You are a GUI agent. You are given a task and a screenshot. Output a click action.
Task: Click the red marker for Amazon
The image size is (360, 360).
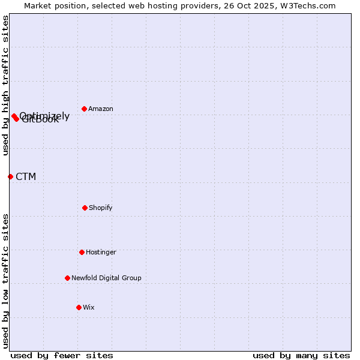coord(84,109)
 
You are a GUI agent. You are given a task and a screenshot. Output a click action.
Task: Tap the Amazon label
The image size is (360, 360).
coord(101,109)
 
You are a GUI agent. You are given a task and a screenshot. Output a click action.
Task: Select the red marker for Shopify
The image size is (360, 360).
coord(85,208)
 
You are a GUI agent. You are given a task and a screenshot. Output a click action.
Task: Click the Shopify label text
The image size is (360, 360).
coord(101,208)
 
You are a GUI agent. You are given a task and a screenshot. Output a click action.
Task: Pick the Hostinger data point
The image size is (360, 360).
coord(82,252)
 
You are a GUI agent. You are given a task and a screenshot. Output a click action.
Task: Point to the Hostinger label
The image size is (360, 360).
coord(101,253)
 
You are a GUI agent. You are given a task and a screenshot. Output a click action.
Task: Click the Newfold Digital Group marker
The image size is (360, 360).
coord(67,278)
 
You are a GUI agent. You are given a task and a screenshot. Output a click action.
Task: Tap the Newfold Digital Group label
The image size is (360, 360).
coord(106,278)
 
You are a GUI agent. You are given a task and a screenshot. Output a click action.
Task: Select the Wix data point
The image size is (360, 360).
coord(79,307)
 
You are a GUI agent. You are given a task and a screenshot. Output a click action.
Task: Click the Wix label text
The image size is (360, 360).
coord(89,308)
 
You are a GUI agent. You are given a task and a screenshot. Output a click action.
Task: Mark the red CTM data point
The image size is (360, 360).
coord(10,176)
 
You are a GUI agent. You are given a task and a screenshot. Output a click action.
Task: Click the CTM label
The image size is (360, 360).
coord(26,177)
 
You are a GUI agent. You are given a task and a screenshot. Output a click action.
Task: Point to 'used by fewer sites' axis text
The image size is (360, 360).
coord(62,355)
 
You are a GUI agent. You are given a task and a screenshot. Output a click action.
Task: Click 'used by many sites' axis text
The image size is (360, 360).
coord(301,355)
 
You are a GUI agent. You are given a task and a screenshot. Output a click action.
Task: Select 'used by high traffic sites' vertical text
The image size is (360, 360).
coord(5,85)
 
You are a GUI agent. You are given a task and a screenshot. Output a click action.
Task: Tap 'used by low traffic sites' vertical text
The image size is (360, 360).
coord(5,280)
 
